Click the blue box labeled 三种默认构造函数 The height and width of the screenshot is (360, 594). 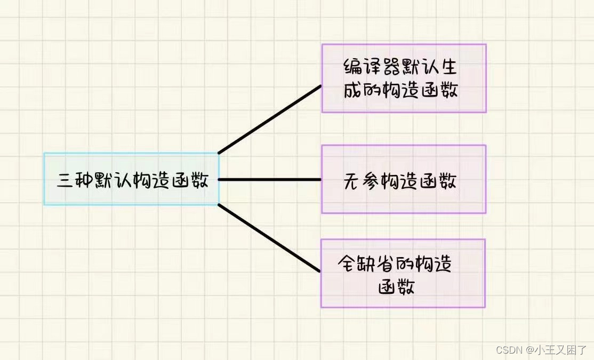tap(131, 179)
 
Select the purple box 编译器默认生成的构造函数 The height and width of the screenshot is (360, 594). tap(404, 78)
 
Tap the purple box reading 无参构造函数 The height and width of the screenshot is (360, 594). tap(404, 179)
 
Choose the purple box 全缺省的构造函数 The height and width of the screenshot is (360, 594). tap(403, 273)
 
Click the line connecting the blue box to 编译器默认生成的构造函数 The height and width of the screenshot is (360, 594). tap(270, 119)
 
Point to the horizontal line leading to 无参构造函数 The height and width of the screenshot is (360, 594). tap(270, 179)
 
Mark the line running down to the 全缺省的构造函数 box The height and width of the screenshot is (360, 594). tap(270, 238)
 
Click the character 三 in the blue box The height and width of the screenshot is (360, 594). tap(66, 180)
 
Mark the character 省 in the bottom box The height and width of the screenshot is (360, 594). tap(389, 263)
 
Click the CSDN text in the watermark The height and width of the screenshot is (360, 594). tap(508, 350)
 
